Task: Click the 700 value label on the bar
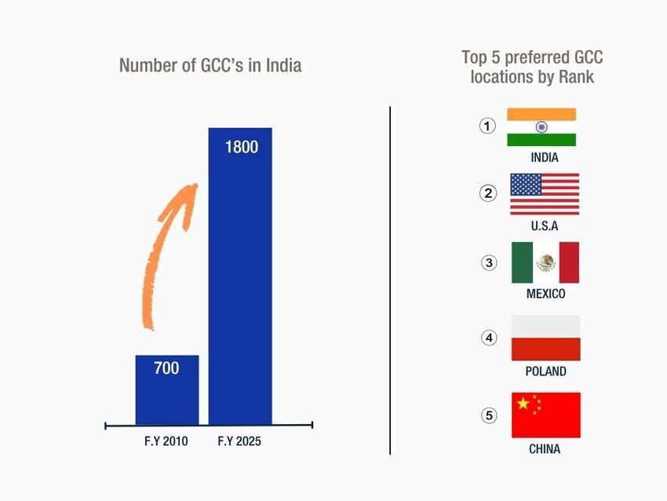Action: (x=166, y=368)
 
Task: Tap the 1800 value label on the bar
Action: (x=241, y=147)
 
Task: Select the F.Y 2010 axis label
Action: (x=166, y=442)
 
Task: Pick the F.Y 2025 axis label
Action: (x=239, y=442)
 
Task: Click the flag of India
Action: (x=541, y=127)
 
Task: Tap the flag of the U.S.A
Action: (x=545, y=194)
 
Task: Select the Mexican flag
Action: (x=545, y=262)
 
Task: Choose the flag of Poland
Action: (x=545, y=338)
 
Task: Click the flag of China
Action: (x=545, y=415)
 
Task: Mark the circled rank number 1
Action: (x=488, y=126)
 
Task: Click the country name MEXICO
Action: (x=545, y=294)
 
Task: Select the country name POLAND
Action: (x=545, y=371)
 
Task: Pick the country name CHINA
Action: (x=545, y=449)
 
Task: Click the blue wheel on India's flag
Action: (x=541, y=127)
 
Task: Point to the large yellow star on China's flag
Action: (x=523, y=404)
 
